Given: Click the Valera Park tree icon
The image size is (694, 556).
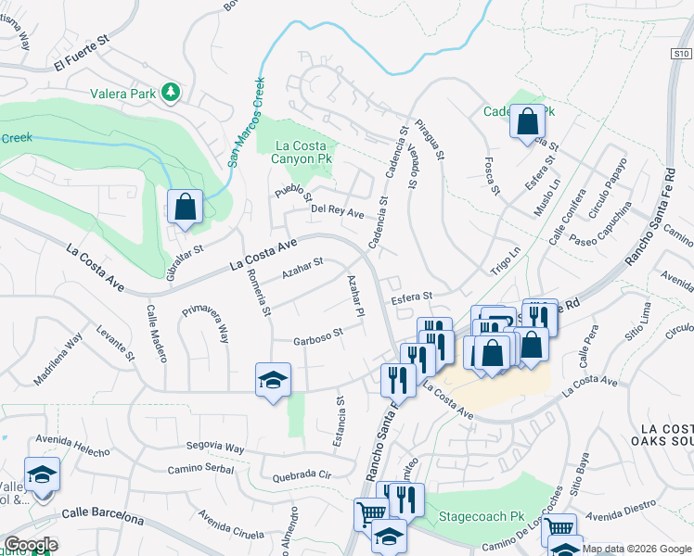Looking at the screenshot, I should [170, 92].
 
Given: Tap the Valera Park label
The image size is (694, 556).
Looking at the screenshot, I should [123, 93].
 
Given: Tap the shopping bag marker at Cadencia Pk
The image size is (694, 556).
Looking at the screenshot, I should [527, 122].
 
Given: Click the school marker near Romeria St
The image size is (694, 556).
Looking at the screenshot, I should [273, 381].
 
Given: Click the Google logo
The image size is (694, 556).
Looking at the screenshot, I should [30, 545].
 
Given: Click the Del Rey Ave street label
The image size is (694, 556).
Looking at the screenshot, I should [337, 211].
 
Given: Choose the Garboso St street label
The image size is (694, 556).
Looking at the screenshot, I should [318, 335].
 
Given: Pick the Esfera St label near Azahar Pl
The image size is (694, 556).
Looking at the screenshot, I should [411, 297].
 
